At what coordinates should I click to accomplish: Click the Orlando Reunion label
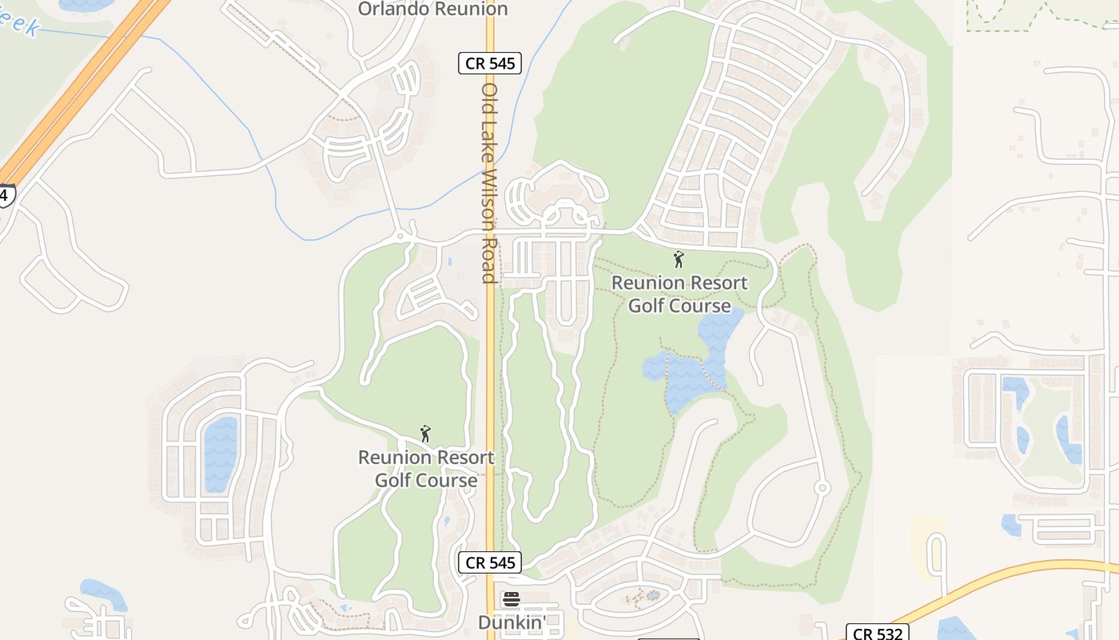click(432, 9)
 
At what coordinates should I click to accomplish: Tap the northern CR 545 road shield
click(490, 63)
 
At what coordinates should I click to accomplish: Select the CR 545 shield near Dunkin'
click(490, 562)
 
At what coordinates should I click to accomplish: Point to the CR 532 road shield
click(877, 634)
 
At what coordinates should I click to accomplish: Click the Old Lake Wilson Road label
click(489, 183)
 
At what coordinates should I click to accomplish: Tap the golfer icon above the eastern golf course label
click(679, 259)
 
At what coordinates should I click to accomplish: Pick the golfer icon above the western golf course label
click(425, 434)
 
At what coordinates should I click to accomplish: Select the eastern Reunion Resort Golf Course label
click(679, 294)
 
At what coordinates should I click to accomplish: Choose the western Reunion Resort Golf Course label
click(426, 469)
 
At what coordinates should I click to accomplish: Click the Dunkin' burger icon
click(512, 599)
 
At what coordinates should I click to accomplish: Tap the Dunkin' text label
click(512, 622)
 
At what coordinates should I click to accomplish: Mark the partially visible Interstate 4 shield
click(6, 195)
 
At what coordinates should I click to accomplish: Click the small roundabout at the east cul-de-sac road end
click(822, 487)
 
